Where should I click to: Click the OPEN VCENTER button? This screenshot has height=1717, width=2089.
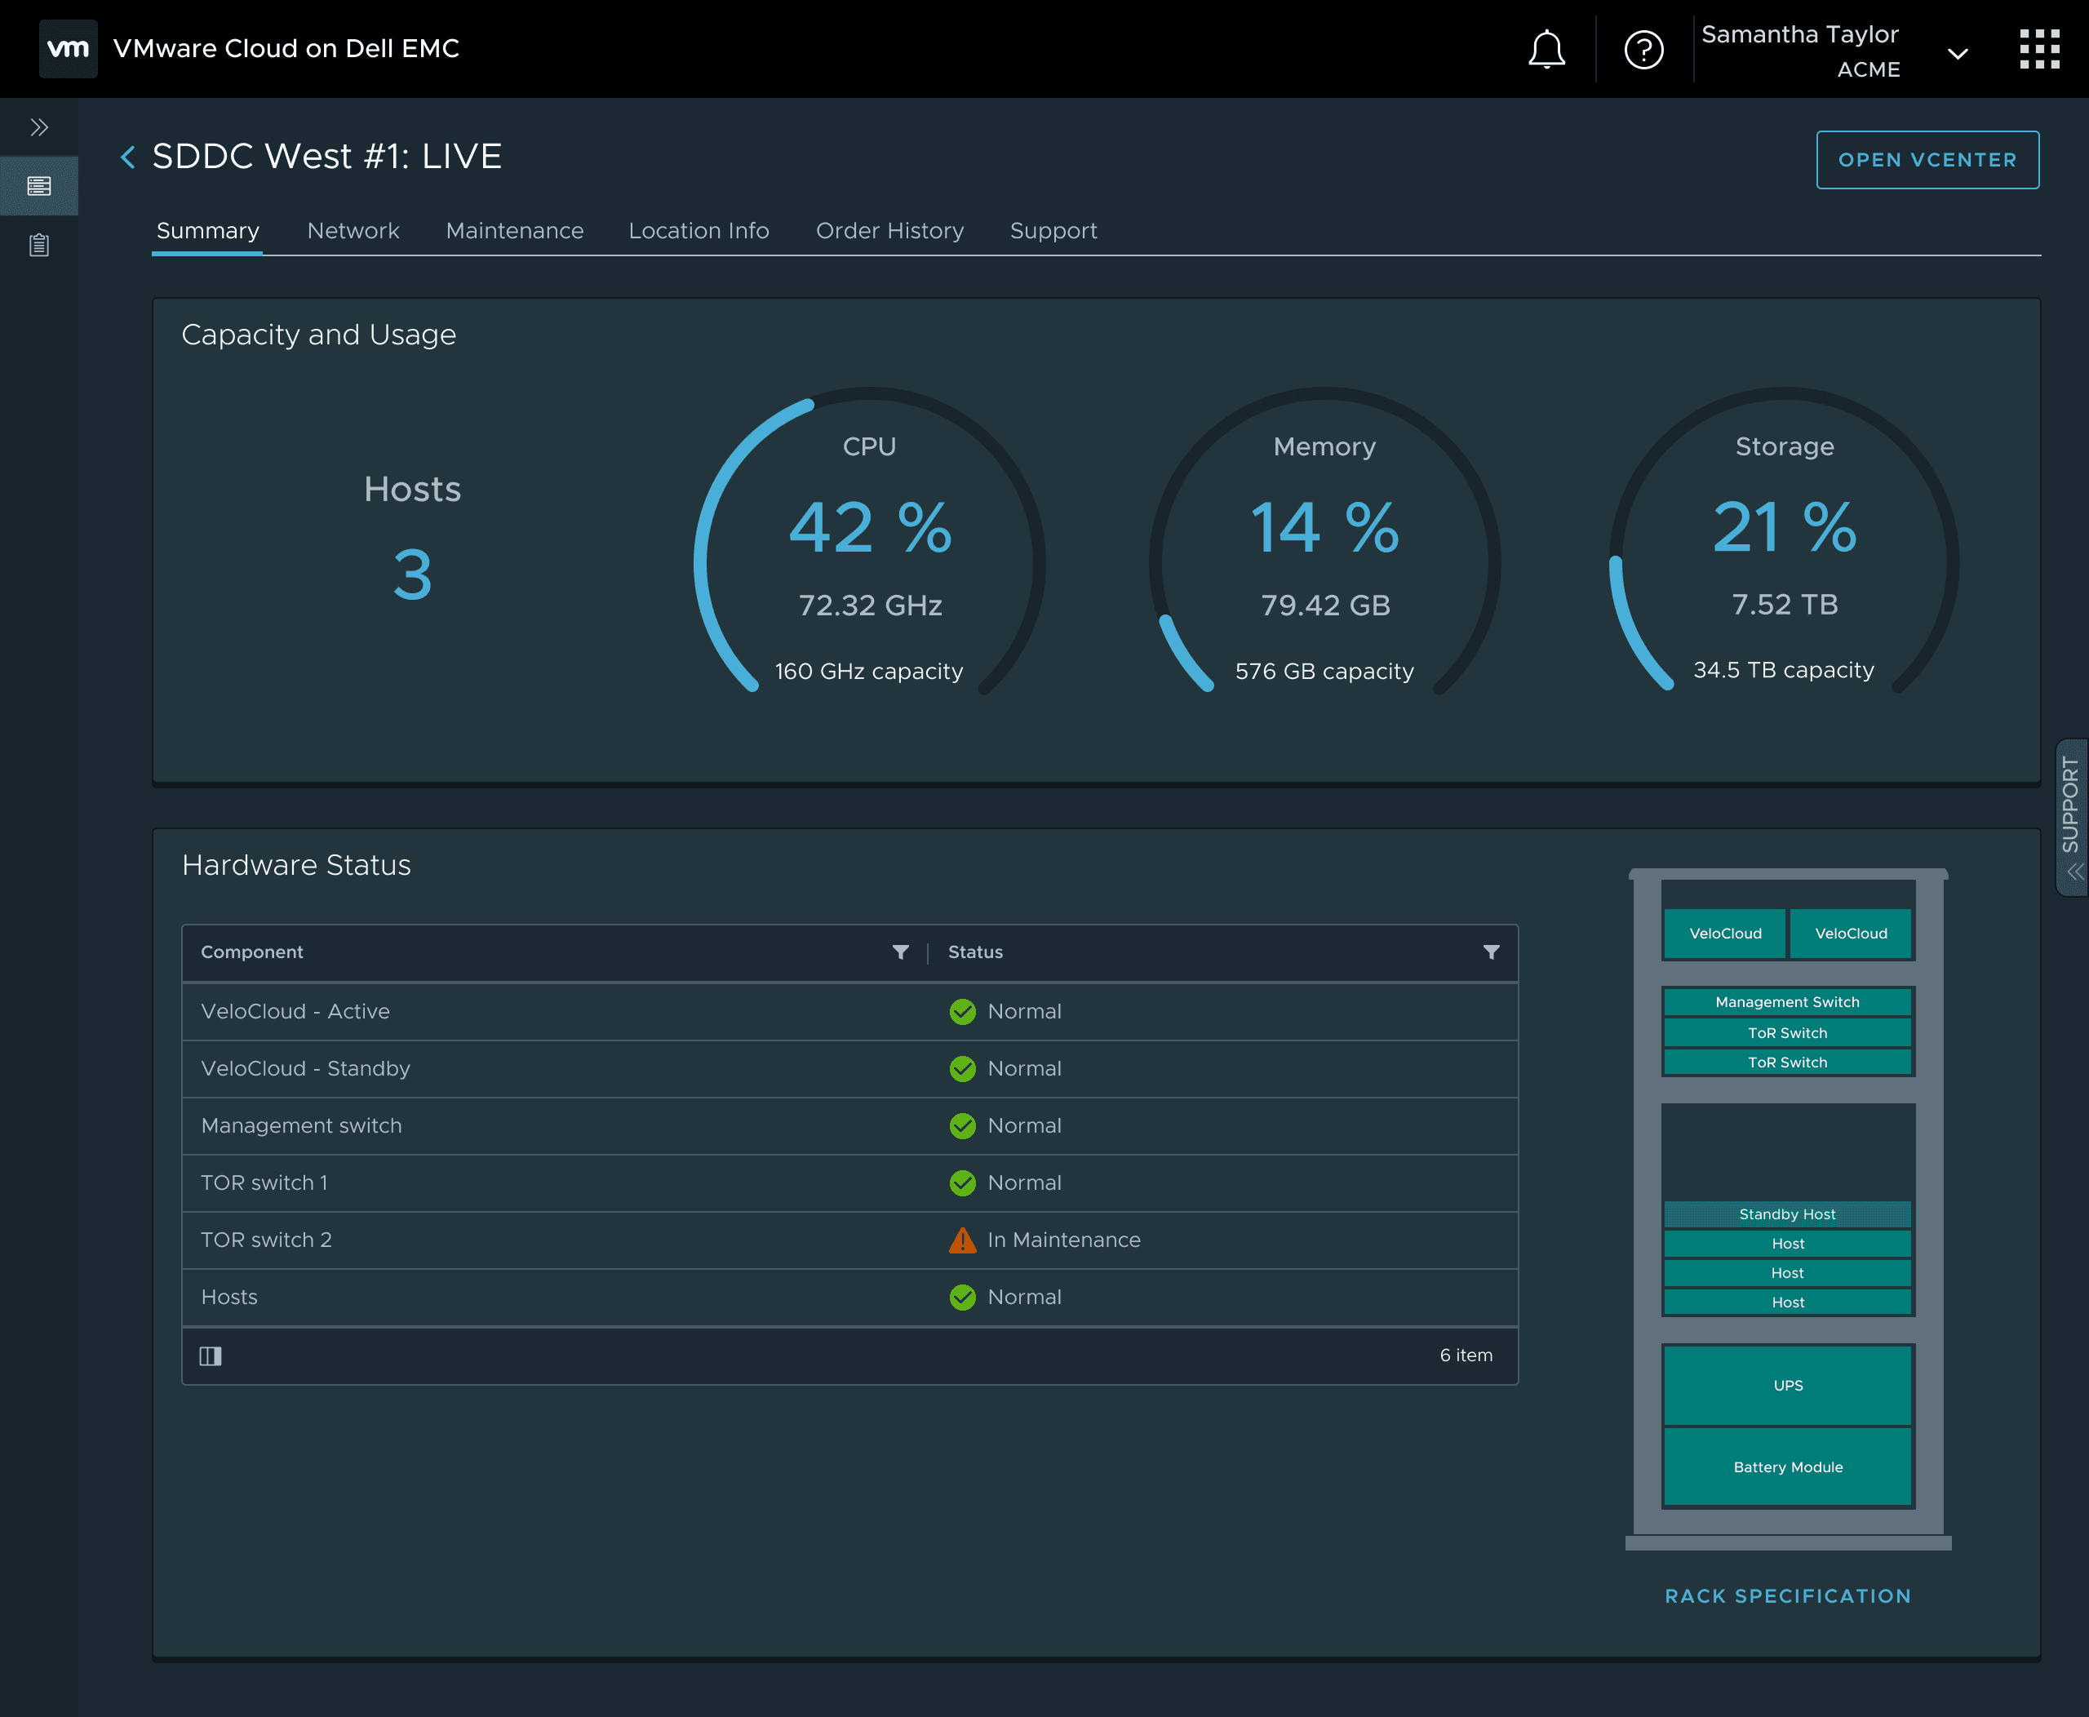(1927, 159)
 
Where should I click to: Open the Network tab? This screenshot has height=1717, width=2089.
(353, 230)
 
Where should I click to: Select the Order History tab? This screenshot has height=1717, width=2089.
(889, 230)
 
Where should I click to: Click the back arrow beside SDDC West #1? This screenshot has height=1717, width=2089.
(127, 156)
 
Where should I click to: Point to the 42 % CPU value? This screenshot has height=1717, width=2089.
(869, 527)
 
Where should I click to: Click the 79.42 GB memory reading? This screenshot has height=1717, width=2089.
(1325, 605)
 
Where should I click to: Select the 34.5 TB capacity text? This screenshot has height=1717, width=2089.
(1783, 670)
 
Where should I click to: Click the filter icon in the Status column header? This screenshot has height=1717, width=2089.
(1491, 952)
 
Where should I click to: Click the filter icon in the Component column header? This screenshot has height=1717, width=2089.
(900, 952)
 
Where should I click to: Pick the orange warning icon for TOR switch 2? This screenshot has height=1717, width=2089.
(961, 1240)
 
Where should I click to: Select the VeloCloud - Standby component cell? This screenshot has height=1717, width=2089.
(306, 1068)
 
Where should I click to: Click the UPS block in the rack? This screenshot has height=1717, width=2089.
(1787, 1385)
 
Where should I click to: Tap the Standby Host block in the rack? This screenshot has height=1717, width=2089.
(1787, 1213)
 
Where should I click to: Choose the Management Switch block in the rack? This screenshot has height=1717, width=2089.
(1787, 1002)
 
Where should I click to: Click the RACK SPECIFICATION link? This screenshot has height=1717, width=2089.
(1787, 1595)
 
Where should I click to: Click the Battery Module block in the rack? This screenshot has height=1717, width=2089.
(1787, 1466)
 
